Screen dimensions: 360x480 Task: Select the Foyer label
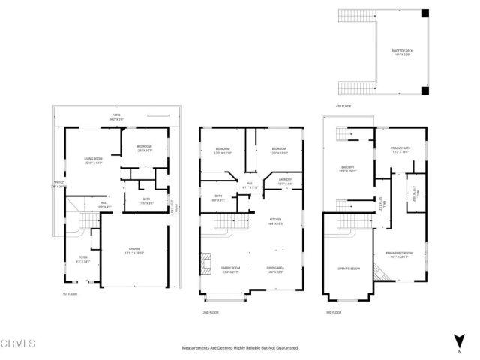(x=82, y=259)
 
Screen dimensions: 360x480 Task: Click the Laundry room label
(x=285, y=181)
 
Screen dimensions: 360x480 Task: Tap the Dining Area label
(x=276, y=268)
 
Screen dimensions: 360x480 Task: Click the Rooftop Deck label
(x=402, y=52)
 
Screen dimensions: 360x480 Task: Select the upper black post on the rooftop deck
(x=425, y=13)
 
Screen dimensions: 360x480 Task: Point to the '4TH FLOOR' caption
(x=343, y=106)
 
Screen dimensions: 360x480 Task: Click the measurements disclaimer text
(x=240, y=348)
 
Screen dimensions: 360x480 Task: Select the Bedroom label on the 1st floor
(x=144, y=148)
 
